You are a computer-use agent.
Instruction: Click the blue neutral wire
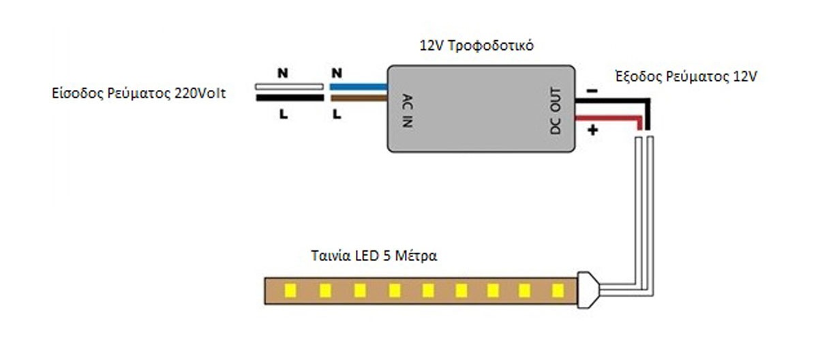pos(359,87)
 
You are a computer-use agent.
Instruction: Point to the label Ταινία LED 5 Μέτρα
pos(373,257)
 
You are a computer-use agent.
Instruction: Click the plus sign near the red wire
pos(592,130)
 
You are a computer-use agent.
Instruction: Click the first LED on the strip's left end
pos(288,291)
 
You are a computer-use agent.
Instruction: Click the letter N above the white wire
pos(282,71)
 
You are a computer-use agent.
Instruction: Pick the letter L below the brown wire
pos(335,115)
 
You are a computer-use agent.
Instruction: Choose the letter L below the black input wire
pos(282,115)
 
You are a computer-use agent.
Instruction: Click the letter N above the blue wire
pos(335,71)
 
